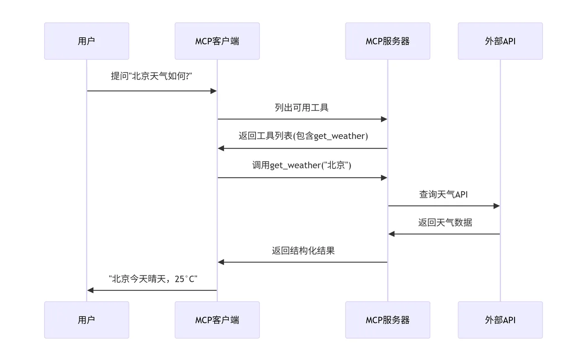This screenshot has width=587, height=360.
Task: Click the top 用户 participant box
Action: point(86,41)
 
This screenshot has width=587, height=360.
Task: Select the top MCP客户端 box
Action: point(217,41)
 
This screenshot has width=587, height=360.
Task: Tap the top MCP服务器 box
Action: point(387,41)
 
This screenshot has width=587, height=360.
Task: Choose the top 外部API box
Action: point(500,41)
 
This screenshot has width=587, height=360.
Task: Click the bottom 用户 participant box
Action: point(86,320)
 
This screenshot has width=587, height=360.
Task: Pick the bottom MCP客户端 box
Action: point(217,320)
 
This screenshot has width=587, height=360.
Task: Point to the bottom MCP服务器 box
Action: point(387,320)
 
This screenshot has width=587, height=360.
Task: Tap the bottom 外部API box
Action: point(500,320)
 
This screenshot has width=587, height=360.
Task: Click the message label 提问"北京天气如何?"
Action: point(151,76)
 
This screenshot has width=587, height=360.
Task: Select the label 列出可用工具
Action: point(301,108)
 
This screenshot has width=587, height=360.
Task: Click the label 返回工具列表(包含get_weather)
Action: point(303,136)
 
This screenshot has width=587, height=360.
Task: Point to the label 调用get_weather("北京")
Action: point(301,165)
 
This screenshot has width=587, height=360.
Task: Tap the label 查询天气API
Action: point(443,194)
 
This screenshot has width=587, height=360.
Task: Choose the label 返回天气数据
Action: point(445,222)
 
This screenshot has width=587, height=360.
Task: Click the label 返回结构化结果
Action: point(303,251)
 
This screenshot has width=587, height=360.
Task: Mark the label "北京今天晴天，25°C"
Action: point(153,279)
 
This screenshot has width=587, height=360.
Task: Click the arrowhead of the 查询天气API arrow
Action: point(496,206)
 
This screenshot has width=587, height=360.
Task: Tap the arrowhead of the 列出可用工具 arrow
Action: point(384,119)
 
